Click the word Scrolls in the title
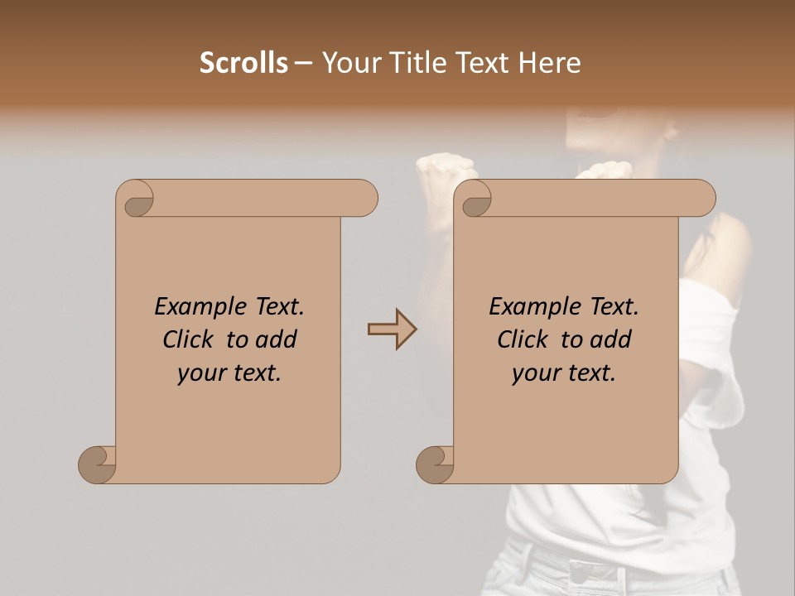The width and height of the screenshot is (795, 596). (x=243, y=63)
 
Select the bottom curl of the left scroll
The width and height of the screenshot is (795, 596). (x=98, y=464)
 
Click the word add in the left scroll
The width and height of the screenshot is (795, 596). (x=277, y=339)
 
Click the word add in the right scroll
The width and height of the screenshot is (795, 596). (x=611, y=339)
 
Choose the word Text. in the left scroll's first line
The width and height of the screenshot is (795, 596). (x=275, y=307)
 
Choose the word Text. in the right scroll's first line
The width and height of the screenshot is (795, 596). (x=609, y=307)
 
